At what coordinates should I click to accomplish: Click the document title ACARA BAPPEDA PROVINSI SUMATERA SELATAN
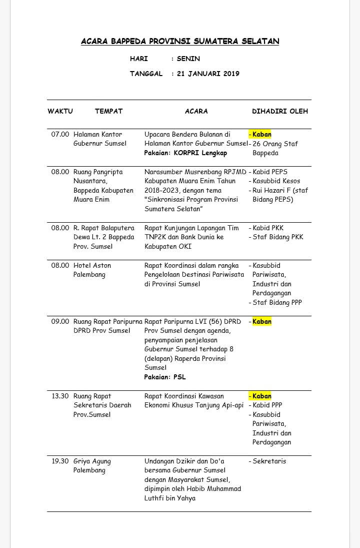180,42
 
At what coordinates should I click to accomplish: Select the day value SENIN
188,59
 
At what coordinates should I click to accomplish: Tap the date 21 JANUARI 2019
208,74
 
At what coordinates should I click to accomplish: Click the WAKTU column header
60,111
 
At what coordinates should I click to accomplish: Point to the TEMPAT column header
108,111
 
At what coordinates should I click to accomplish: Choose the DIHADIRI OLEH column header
280,111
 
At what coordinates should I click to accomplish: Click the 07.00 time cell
60,134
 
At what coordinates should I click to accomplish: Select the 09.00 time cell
60,321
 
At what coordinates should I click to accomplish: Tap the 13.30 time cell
60,396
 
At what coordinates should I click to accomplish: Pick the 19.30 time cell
60,461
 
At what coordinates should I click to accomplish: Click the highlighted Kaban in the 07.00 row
261,134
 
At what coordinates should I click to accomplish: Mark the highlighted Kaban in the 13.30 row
261,396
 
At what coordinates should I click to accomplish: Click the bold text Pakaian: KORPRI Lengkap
185,153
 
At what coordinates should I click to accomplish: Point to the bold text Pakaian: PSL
165,377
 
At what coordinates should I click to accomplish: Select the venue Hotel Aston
92,265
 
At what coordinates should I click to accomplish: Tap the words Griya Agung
92,461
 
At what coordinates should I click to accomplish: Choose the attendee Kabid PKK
268,228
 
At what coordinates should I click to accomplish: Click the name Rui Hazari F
273,190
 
